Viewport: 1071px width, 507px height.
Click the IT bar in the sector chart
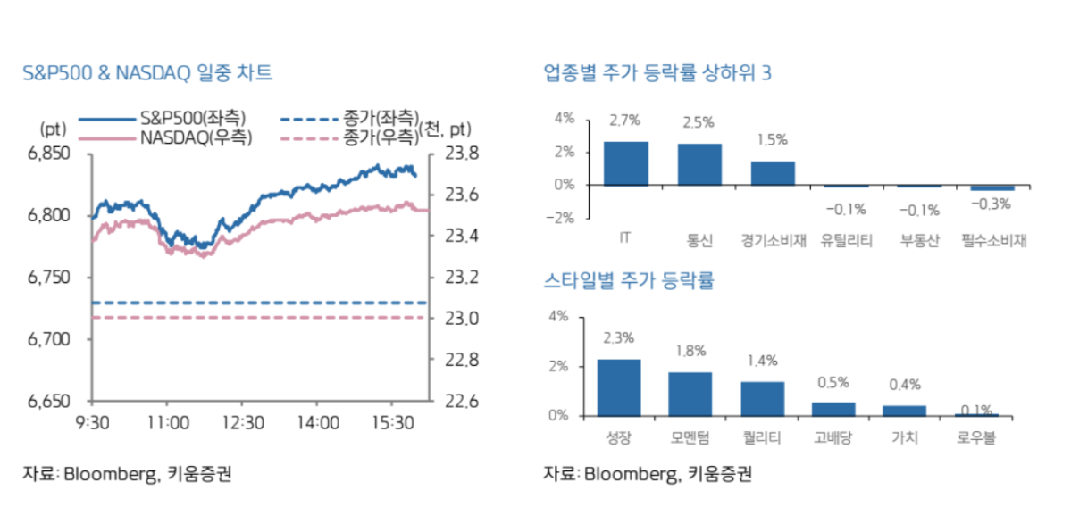click(625, 163)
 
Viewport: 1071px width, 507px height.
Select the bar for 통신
click(699, 164)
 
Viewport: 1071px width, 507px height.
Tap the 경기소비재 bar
click(773, 173)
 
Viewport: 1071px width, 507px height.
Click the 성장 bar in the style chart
click(618, 387)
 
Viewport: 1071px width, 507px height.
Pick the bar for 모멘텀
click(690, 394)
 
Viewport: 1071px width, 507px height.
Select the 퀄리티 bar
click(762, 398)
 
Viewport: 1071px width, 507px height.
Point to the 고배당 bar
click(833, 409)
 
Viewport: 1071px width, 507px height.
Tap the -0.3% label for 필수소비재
click(992, 204)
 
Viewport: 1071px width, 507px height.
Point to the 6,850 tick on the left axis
click(50, 154)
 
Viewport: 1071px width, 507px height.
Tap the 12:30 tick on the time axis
click(242, 421)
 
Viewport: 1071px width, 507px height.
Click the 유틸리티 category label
click(845, 240)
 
